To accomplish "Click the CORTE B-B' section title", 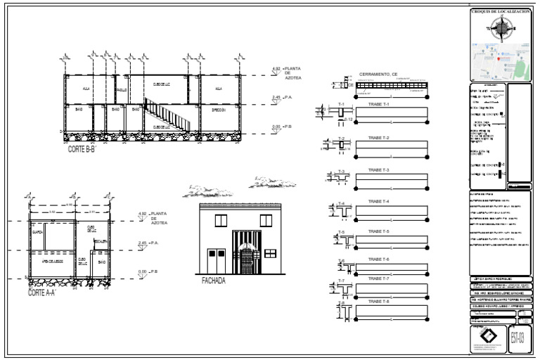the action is coord(82,150).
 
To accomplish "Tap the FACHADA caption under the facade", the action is coord(213,281).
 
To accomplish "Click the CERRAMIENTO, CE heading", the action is coord(378,74).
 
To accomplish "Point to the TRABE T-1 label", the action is coord(378,105).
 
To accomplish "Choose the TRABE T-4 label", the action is coord(378,202).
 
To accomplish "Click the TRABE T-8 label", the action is coord(378,301).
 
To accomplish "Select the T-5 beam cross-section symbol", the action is coord(342,238).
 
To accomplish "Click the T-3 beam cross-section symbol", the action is coord(342,179).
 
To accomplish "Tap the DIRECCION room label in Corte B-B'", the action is coord(219,110).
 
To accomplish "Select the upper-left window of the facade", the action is coord(220,220).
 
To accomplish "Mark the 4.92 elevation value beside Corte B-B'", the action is coord(276,68).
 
